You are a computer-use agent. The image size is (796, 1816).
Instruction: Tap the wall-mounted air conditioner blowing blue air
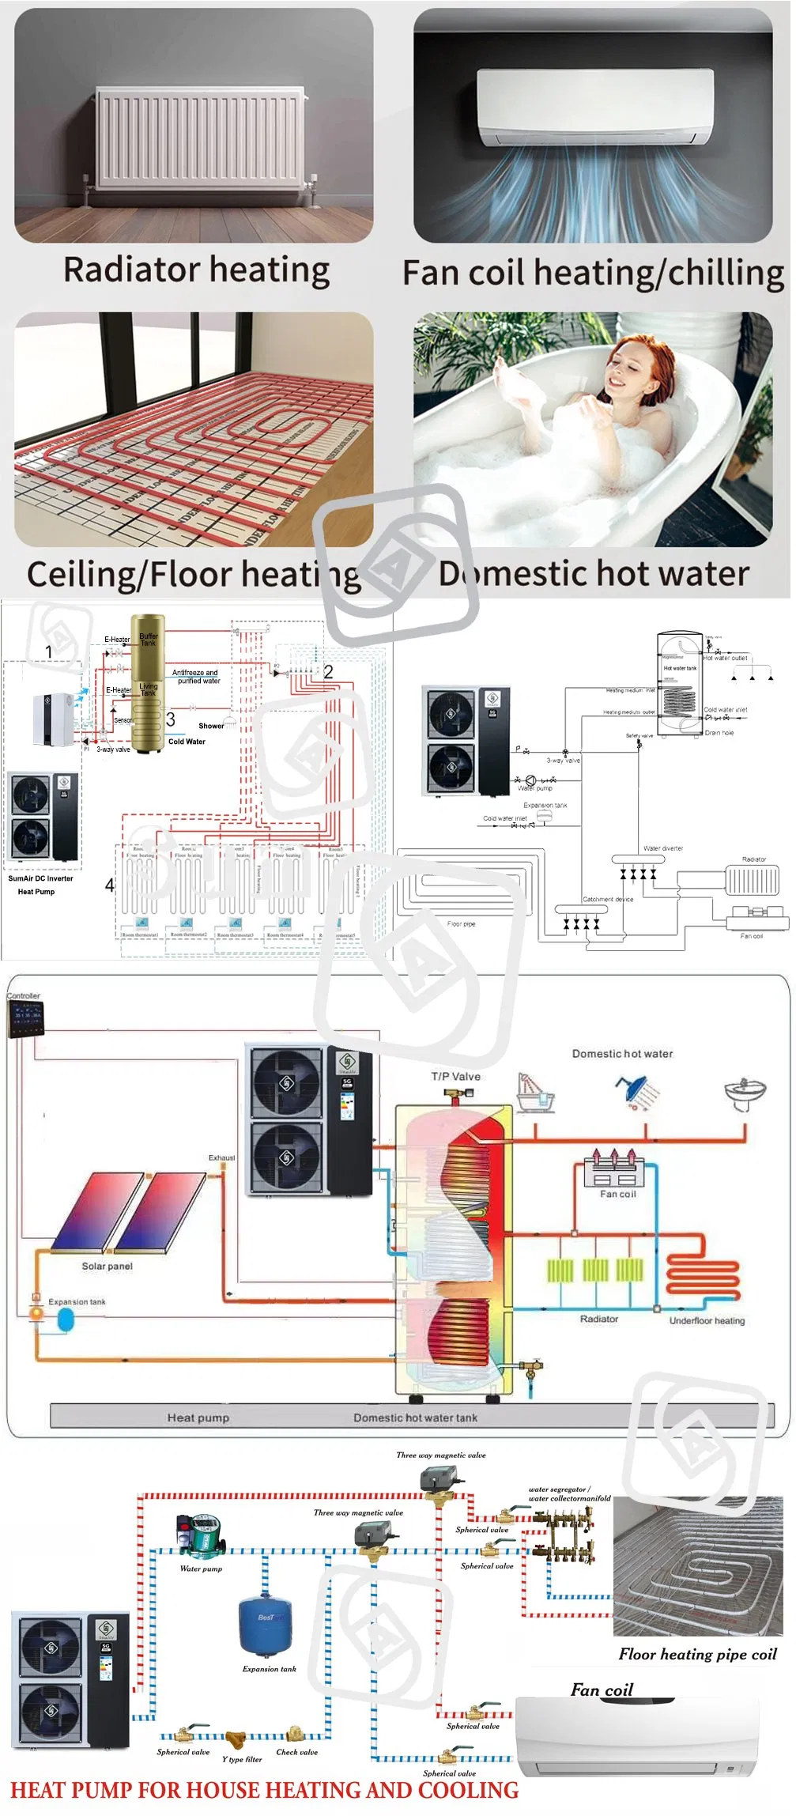594,108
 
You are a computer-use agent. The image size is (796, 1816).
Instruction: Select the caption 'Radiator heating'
196,270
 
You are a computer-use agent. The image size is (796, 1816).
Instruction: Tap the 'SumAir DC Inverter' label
40,878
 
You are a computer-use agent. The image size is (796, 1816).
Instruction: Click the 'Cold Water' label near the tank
187,742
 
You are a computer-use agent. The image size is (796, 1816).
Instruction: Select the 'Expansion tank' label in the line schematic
545,805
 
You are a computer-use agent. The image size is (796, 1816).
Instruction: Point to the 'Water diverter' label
662,848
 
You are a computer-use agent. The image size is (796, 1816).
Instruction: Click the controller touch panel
25,1019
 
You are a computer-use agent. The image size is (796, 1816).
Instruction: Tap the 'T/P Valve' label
455,1076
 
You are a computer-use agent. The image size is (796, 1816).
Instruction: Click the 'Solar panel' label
107,1266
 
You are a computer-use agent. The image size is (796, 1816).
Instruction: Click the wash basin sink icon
744,1092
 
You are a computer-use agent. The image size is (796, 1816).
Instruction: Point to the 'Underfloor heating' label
707,1320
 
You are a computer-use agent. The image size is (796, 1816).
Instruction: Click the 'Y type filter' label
241,1759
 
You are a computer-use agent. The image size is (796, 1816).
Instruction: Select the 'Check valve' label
296,1752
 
